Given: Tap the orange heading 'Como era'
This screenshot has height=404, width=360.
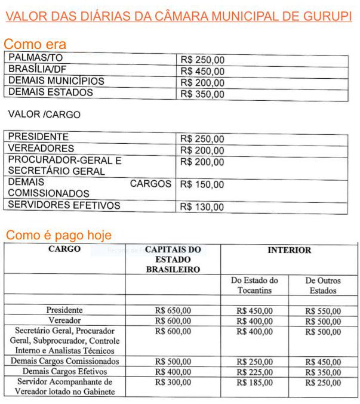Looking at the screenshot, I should coord(35,44).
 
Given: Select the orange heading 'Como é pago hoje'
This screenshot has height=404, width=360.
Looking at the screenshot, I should coord(59,235).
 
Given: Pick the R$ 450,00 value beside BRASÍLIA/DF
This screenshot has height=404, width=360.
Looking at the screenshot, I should coord(202,72).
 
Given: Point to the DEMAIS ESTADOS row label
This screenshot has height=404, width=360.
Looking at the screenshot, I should coord(51,92).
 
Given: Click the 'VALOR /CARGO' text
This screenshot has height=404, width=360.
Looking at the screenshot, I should coord(44,114).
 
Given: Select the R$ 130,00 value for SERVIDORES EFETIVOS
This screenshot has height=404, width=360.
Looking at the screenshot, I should coord(202,207).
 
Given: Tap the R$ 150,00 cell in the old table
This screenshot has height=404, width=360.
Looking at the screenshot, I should coord(202,184).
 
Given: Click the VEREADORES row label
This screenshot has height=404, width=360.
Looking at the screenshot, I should coord(41,148).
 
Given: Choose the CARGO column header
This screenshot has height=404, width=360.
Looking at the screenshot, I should coord(64,249).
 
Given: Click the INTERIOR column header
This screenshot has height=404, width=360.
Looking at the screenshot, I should coord(289,250).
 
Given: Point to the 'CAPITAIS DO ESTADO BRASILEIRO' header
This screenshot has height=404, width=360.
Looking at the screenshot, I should coord(173,260).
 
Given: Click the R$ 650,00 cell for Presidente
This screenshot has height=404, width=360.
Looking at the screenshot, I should coord(173,311).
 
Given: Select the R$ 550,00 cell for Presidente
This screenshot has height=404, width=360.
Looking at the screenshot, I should coord(323,311).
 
